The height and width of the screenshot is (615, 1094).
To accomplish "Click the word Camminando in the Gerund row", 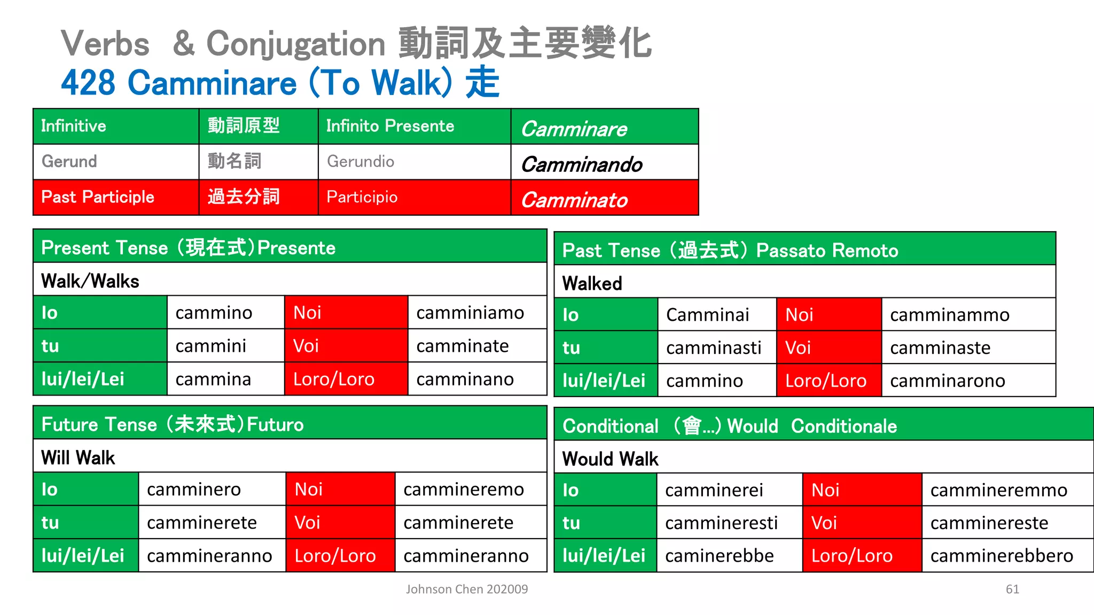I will pos(582,164).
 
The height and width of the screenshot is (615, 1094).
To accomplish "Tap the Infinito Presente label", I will pos(390,126).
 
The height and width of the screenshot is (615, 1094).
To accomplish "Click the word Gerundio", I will pos(361,161).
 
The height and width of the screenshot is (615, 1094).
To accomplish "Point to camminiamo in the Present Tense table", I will pos(470,313).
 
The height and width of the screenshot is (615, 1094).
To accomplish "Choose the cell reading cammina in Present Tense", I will pos(213,379).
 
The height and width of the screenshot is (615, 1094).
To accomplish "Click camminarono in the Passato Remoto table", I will pos(948,381).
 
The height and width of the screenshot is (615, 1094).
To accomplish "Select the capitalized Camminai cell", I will pos(708,315).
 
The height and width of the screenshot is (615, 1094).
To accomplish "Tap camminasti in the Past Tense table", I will pos(714,348).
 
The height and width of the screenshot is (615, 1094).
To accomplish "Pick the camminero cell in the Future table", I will pos(194,490).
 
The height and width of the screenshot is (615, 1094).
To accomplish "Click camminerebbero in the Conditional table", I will pos(1002,556).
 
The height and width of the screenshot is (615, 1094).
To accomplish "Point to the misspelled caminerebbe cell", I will pos(720,556).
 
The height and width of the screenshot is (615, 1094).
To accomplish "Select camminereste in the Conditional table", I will pos(989,523).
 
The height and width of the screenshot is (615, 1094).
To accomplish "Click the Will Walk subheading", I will pos(78,458).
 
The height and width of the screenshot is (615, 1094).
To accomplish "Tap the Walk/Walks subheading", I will pos(90,281).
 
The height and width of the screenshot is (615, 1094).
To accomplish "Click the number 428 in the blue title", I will pos(88,83).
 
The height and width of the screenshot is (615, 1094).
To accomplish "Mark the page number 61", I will pos(1012,589).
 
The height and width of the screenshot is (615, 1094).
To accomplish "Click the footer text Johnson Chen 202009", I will pos(467,589).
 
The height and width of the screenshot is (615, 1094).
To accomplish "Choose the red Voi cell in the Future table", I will pos(308,523).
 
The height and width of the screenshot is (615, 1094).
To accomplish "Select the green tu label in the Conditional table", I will pos(571,523).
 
